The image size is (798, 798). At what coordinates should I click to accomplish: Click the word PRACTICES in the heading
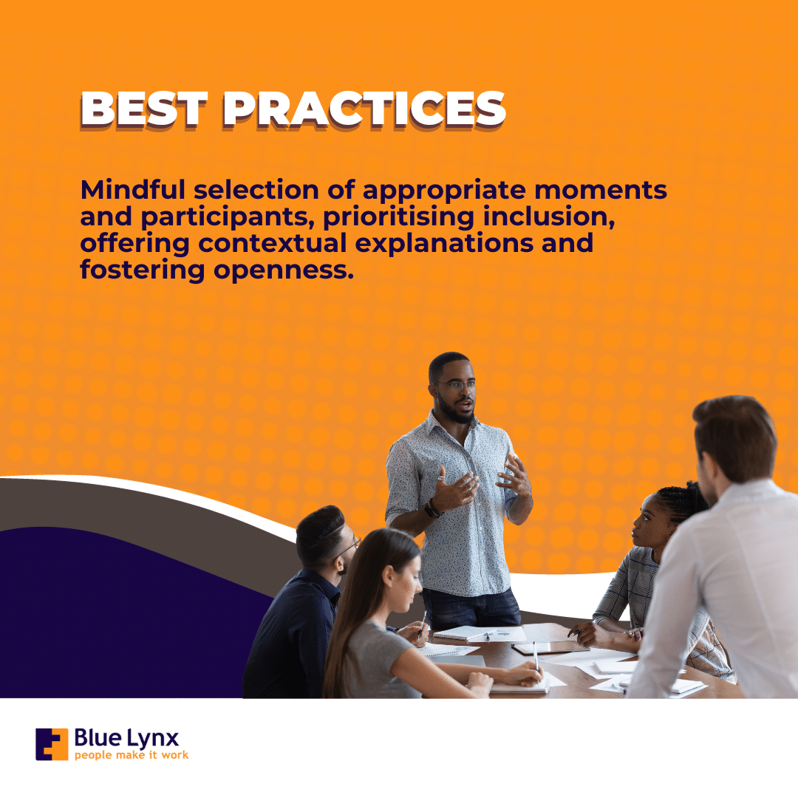point(364,109)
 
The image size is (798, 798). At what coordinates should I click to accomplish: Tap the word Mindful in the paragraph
point(132,190)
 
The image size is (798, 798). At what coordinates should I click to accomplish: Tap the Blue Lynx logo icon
point(52,744)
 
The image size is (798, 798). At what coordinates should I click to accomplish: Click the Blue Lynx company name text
point(126,737)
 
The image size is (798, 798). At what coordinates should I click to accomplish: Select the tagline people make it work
point(132,755)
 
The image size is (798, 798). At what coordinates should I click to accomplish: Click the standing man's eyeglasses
point(455,385)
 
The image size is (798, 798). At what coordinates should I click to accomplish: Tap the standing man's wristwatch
point(432,508)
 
